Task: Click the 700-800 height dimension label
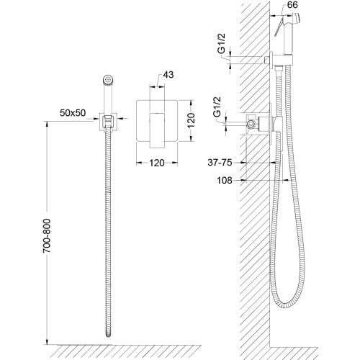coord(47,235)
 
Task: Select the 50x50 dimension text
coord(73,113)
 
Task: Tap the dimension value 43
coord(168,75)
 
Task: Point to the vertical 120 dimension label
coord(191,120)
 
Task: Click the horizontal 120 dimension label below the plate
coord(157,163)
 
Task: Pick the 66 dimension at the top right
coord(292,5)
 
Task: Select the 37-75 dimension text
coord(220,163)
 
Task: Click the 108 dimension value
coord(225,180)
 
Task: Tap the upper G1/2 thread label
coord(221,43)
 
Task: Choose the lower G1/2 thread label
coord(217,107)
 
